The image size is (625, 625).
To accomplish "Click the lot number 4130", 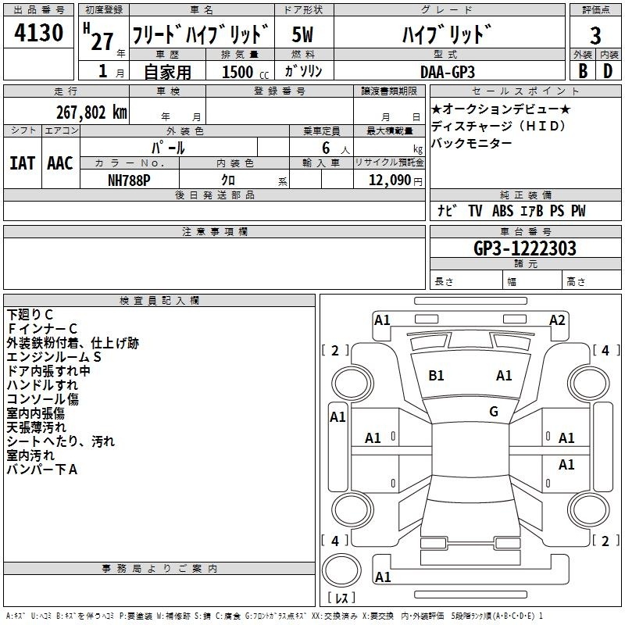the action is point(38,32).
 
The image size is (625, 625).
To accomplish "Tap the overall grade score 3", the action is point(595,36).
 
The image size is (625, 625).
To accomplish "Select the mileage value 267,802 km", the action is point(91,112).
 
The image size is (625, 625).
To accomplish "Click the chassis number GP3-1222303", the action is point(525,248).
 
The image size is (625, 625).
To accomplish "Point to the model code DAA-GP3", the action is point(448,72).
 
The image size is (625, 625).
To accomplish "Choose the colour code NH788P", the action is point(129,180).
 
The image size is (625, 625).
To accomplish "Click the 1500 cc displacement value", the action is point(245,72).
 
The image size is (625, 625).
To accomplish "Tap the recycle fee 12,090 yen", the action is point(395,180).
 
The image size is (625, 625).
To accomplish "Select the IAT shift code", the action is point(23,163).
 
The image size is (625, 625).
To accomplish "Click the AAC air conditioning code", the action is point(60,163).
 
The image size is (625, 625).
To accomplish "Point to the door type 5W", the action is point(302,34).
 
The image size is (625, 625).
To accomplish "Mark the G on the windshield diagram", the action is point(494,411).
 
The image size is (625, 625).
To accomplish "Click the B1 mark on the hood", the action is point(436,376).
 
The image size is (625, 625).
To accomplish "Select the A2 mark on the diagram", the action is point(557,320).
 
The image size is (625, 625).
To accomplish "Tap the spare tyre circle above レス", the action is point(341,570).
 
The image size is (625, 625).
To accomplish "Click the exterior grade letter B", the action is point(583,71).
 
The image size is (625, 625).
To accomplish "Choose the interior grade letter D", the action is point(608,71).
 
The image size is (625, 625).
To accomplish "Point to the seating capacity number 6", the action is point(326,148).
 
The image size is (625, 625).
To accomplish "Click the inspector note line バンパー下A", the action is point(42,470).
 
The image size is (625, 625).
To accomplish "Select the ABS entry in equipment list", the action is point(502,211).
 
